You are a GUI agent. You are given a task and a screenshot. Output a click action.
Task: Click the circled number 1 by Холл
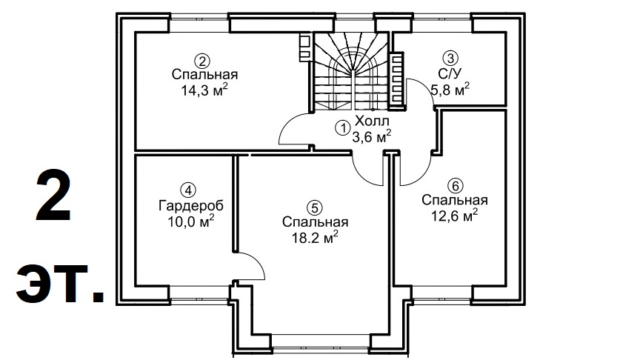click(342, 128)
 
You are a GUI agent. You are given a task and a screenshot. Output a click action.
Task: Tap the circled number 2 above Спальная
click(202, 61)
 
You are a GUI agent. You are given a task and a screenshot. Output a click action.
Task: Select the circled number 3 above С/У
click(450, 58)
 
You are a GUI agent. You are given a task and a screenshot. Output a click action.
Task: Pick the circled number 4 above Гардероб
click(188, 190)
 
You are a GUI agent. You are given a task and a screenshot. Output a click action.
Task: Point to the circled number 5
click(314, 207)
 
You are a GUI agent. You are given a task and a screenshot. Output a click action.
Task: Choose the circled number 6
click(455, 186)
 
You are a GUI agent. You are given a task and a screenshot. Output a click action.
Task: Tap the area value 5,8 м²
click(450, 89)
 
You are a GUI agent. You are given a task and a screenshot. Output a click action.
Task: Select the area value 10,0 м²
click(191, 221)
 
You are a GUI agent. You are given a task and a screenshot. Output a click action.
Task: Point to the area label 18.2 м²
click(315, 238)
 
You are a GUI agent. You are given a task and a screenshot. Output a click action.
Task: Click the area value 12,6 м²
click(455, 216)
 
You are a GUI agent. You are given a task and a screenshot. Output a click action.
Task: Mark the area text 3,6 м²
click(372, 137)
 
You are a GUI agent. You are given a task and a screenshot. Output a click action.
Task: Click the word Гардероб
click(191, 206)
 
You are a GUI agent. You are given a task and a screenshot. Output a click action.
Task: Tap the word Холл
click(372, 121)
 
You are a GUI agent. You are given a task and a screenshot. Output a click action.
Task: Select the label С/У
click(450, 73)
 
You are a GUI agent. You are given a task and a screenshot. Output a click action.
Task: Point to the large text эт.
click(60, 284)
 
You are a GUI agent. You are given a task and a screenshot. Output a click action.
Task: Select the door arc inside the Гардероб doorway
click(254, 264)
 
